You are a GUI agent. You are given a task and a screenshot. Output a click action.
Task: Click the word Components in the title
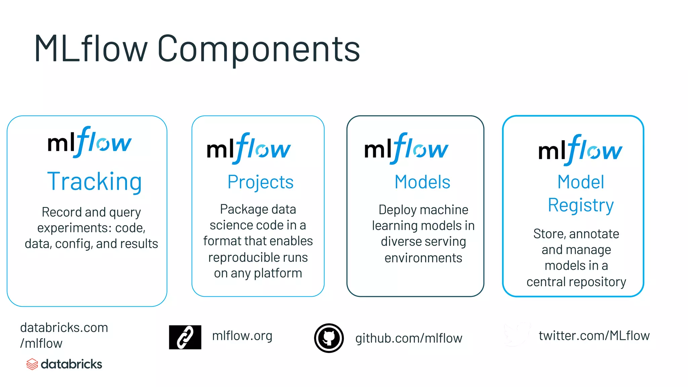(259, 49)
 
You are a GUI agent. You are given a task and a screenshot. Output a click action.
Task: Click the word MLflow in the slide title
(91, 49)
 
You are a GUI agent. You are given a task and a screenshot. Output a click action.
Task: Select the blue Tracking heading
(94, 181)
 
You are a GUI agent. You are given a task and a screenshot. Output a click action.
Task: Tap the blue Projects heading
(260, 182)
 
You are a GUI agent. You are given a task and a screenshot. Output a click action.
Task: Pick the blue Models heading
(422, 182)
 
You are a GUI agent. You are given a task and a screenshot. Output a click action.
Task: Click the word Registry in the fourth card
(580, 205)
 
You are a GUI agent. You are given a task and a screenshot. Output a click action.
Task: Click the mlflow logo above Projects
(249, 149)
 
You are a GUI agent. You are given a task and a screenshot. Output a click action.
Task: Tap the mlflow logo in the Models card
(406, 149)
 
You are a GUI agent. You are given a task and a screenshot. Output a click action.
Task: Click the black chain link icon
(185, 337)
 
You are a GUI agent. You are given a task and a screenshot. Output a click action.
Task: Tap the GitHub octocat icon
(329, 338)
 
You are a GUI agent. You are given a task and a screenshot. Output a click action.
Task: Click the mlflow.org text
(242, 336)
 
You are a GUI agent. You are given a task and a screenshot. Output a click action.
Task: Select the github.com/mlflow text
(409, 338)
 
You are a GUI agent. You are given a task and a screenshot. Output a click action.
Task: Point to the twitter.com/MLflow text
(594, 336)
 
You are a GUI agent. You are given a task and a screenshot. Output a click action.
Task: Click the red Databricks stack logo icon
(32, 364)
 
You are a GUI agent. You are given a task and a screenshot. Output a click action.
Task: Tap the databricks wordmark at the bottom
(71, 364)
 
